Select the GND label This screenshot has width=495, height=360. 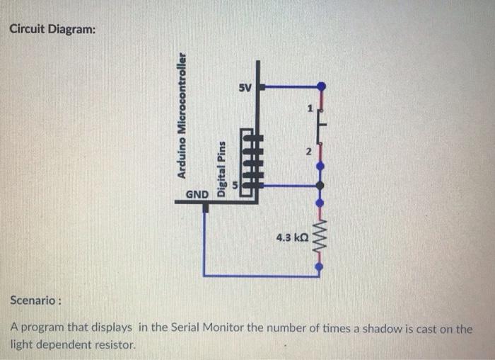point(197,194)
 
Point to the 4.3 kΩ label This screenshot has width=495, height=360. point(291,238)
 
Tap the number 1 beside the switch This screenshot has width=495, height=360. point(309,109)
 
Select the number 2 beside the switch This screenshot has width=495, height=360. point(308,152)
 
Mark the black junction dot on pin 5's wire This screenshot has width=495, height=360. point(320,186)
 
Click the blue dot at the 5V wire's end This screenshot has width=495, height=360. point(321,86)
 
